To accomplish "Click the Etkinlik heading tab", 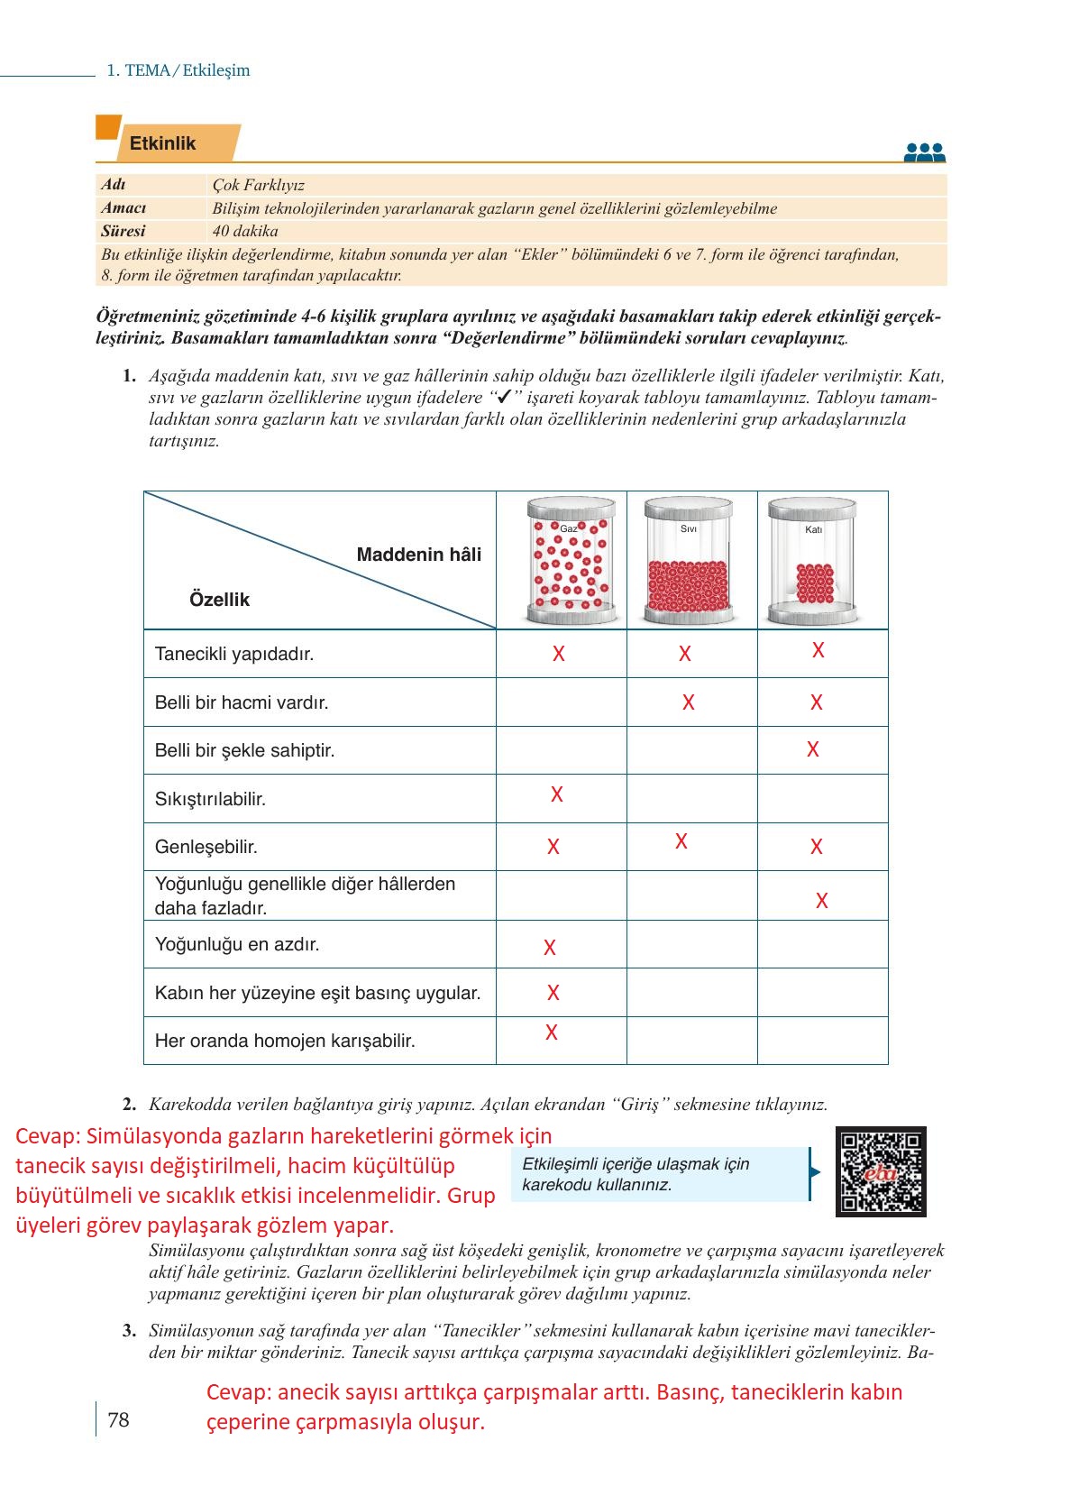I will [163, 143].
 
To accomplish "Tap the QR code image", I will [880, 1171].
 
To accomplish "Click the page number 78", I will [118, 1420].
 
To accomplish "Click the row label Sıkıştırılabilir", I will [210, 799].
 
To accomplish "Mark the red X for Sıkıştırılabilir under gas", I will [557, 794].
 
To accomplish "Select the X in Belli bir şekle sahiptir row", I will [812, 749].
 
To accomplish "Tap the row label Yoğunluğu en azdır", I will [237, 945].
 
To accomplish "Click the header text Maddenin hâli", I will [418, 555].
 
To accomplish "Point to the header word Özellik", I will [219, 600].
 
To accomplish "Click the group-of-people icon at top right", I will [924, 152].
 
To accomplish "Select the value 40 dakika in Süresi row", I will [245, 231].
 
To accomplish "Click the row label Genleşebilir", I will [206, 847].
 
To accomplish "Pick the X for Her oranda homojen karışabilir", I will [552, 1033].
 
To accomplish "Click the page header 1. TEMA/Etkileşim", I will [178, 70].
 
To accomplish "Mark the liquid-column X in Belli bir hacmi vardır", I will [689, 702].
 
